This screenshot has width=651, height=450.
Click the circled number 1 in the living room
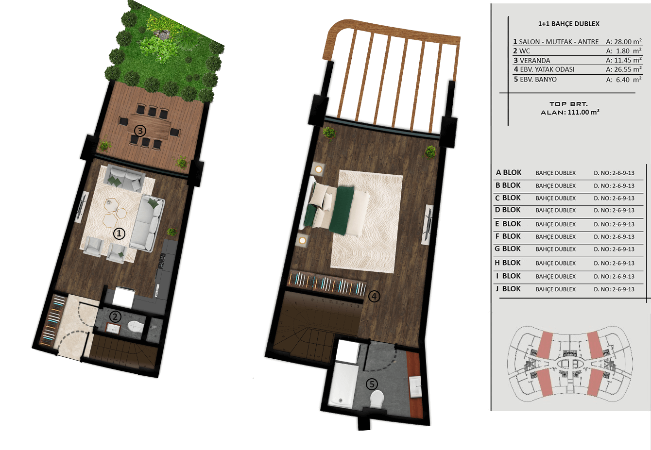119,233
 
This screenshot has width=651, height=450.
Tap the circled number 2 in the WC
115,317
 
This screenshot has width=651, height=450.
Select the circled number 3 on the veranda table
140,131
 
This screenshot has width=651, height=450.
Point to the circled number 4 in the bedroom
374,297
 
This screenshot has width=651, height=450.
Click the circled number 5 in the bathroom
372,384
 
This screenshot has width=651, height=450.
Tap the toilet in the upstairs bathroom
377,399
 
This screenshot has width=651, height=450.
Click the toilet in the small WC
136,326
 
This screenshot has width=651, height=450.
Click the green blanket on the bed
343,210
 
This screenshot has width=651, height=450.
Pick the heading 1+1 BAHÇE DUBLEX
569,24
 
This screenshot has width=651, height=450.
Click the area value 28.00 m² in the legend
624,42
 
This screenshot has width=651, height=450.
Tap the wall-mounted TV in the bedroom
428,225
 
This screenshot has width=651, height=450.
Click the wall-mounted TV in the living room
82,207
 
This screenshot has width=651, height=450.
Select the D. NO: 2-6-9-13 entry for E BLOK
614,224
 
